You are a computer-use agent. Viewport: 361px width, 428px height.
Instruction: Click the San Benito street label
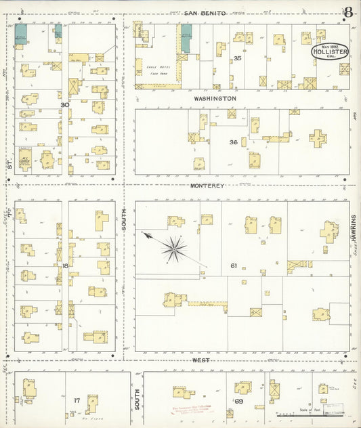click(205, 13)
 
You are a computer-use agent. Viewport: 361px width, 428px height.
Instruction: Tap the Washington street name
click(215, 98)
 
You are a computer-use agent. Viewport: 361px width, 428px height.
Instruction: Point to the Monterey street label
click(207, 185)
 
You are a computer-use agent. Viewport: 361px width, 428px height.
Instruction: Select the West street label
click(200, 361)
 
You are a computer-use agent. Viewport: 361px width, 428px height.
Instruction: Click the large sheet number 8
click(348, 12)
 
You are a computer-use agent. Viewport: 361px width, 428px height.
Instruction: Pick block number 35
click(237, 58)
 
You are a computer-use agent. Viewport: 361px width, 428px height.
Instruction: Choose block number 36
click(233, 142)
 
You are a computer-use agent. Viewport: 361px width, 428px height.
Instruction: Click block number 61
click(234, 265)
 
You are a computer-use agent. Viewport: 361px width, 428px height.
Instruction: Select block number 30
click(64, 104)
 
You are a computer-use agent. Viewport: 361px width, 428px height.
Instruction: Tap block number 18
click(65, 265)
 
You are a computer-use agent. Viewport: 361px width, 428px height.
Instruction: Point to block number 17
click(77, 400)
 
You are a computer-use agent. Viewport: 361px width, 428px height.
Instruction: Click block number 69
click(239, 402)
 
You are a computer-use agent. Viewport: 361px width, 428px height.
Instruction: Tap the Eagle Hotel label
click(156, 69)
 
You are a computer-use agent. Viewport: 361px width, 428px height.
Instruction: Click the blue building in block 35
click(186, 39)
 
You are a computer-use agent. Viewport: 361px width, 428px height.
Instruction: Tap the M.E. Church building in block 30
click(25, 159)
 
